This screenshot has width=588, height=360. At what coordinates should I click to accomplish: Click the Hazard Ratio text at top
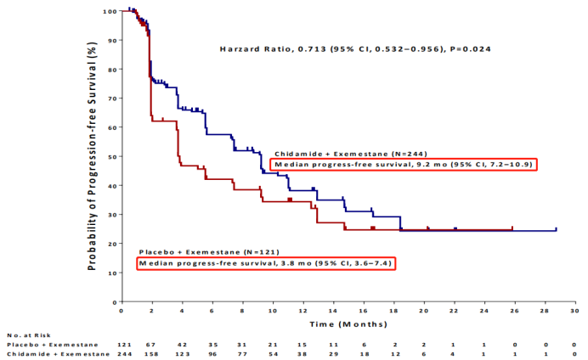(345, 48)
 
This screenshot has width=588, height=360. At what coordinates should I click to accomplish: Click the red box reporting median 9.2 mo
(402, 164)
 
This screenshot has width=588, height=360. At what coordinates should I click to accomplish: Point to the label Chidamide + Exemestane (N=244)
(345, 153)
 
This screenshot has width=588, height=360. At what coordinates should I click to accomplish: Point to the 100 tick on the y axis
(110, 11)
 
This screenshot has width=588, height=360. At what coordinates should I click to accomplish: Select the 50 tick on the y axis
(112, 156)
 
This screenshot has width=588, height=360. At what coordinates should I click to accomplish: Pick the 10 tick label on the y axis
(112, 273)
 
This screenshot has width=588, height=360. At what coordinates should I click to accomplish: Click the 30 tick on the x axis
(575, 311)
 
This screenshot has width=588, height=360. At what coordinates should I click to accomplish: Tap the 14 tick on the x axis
(333, 311)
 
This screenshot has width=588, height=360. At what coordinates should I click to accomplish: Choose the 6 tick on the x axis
(212, 311)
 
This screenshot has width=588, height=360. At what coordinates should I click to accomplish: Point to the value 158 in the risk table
(151, 353)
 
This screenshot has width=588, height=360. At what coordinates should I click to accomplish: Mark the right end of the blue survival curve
(556, 229)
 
